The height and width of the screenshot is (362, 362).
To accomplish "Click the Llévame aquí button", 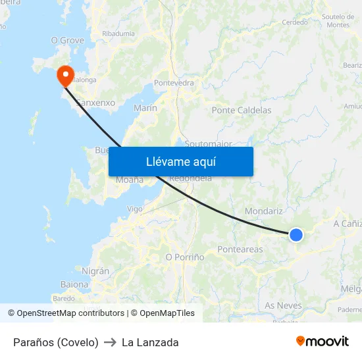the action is point(181,161).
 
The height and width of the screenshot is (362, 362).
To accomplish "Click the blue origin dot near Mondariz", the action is point(296,234).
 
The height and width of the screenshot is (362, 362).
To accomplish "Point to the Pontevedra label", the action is point(174,83).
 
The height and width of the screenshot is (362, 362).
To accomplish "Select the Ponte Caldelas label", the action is point(242,111).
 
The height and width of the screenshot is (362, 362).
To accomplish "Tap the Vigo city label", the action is point(134,209).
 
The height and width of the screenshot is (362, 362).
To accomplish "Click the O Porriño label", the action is point(184,257).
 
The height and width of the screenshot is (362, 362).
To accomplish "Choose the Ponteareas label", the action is point(240,249).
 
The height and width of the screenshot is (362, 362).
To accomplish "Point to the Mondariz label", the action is point(263,211).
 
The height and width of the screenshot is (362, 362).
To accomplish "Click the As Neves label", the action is point(283,305).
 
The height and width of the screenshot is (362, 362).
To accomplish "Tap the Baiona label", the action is point(74,284).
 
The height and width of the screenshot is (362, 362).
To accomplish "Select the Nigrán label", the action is point(95,271).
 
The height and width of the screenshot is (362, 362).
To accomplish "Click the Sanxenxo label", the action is point(96,103).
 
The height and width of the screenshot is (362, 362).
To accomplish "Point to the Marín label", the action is point(145,108).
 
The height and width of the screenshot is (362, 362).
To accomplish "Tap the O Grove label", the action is point(68,40).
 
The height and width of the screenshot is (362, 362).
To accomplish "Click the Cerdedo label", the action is point(295,22).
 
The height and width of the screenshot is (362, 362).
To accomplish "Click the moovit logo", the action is point(323,342).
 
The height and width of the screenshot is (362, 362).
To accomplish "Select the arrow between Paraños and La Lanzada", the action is point(110,342).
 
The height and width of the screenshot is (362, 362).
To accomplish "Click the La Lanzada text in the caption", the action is point(150,342).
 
